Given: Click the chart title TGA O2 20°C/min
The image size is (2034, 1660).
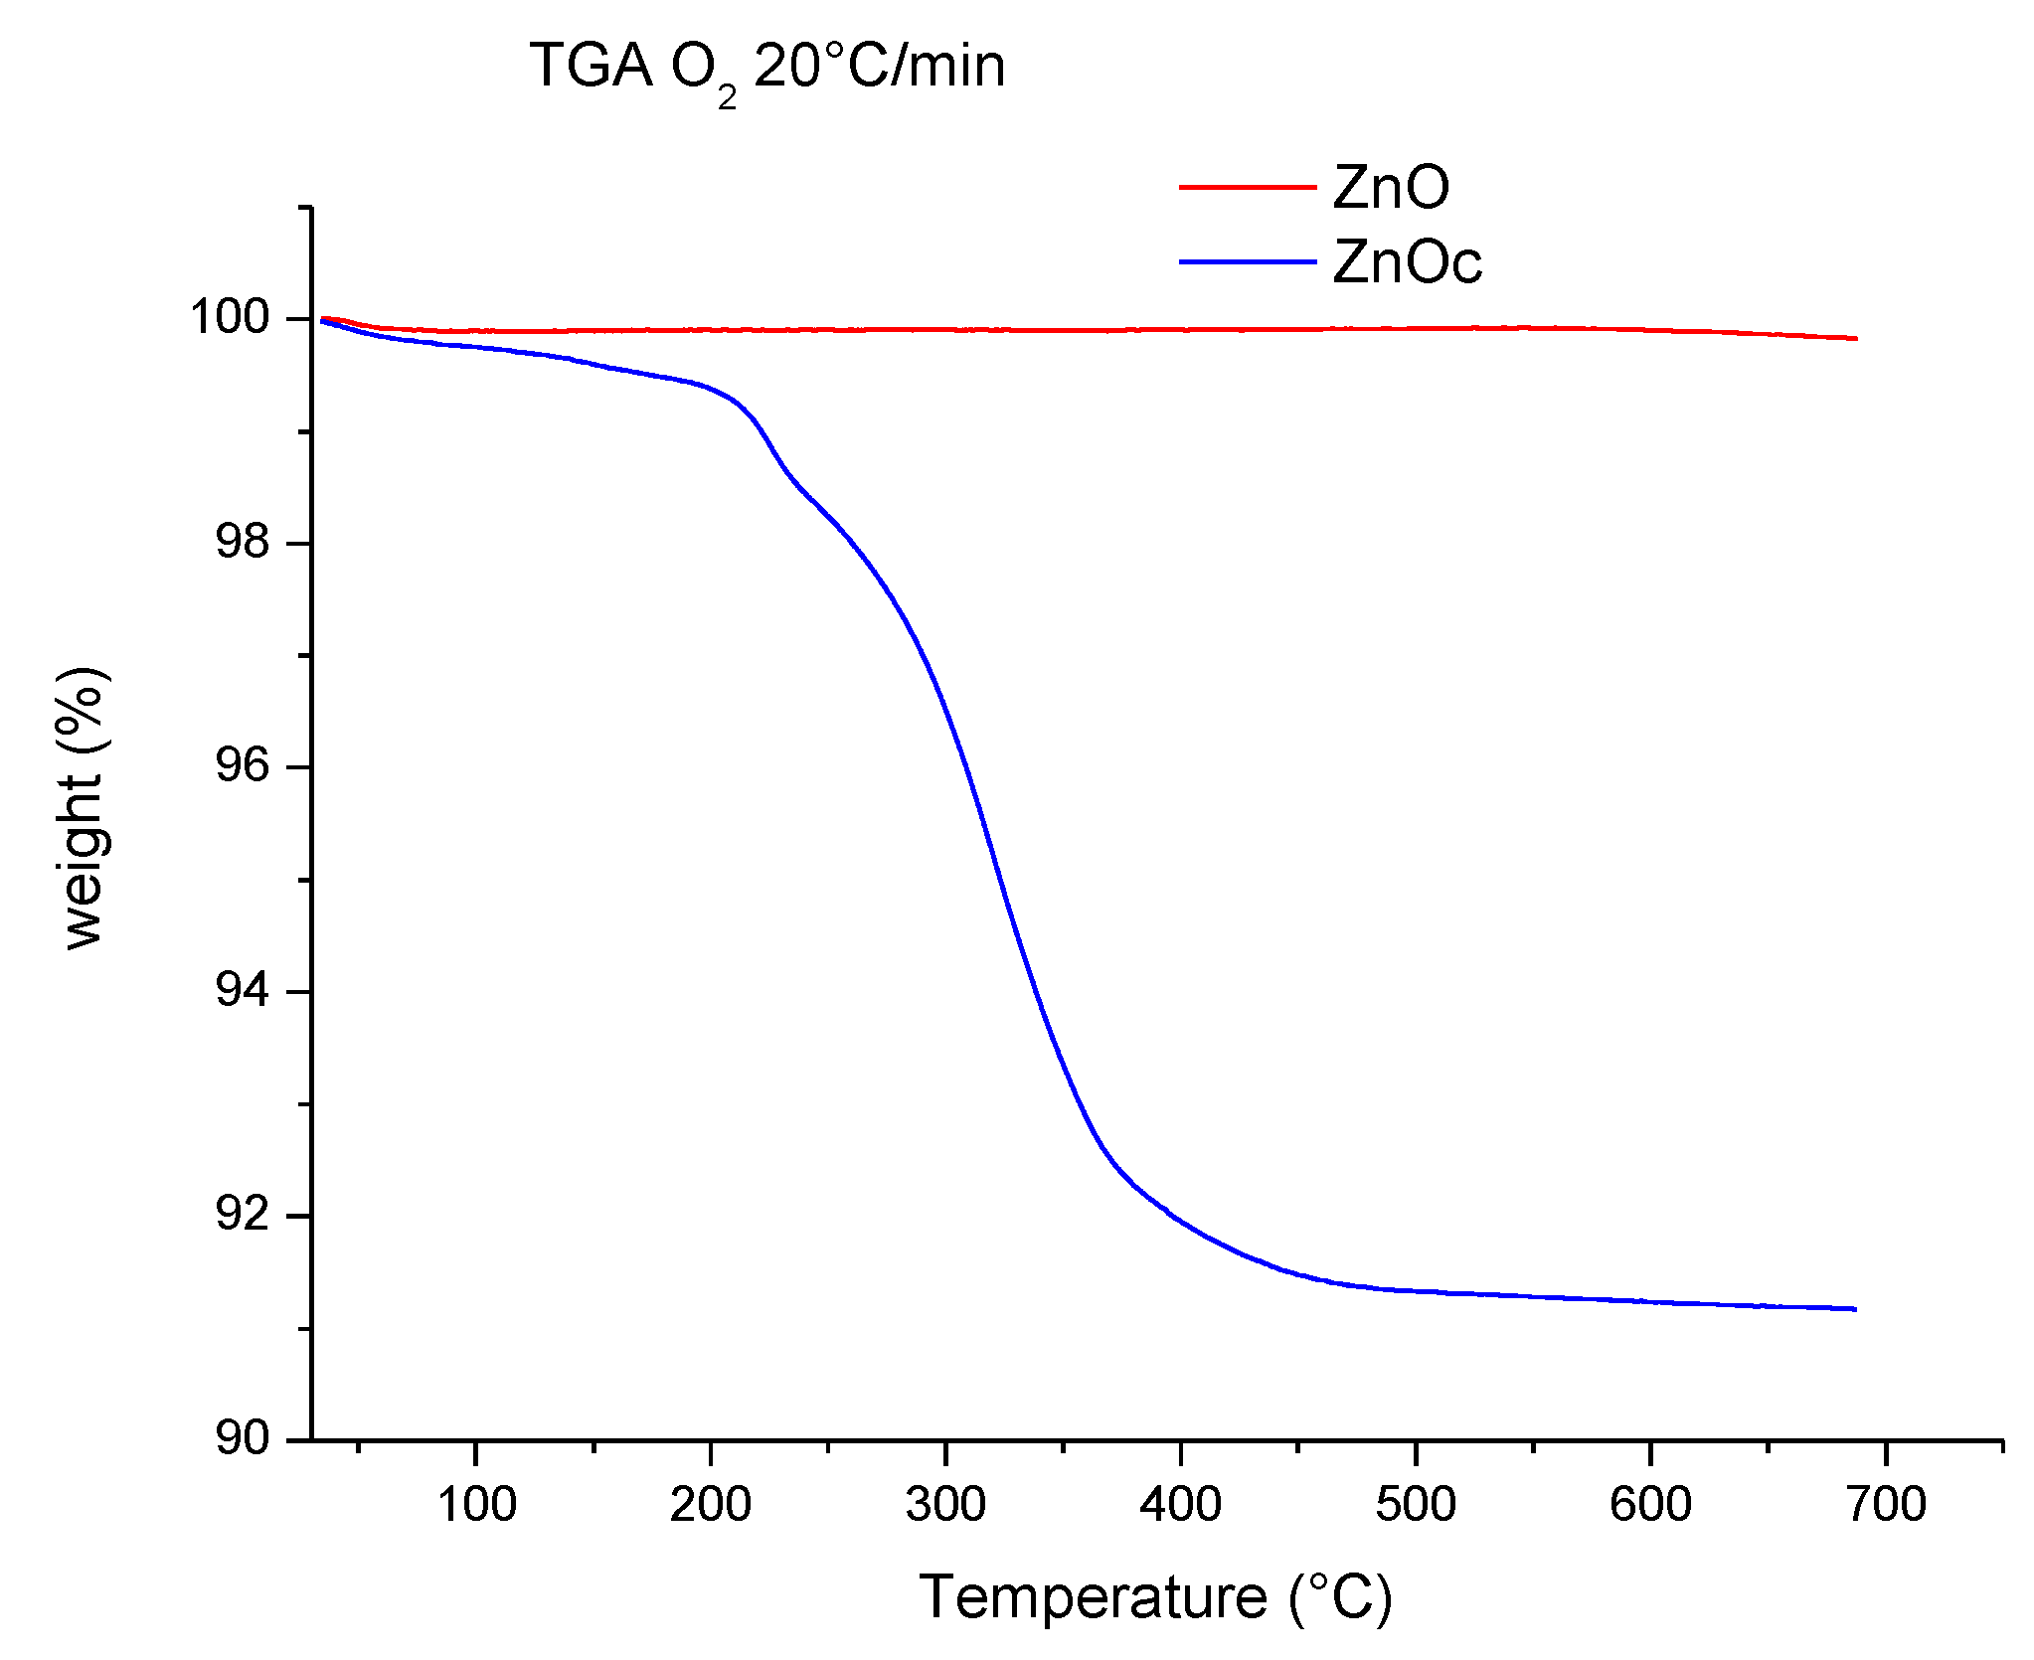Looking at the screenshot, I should [766, 68].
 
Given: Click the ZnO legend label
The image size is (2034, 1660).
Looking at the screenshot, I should [1390, 187].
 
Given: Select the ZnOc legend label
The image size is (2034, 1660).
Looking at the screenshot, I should [1407, 262].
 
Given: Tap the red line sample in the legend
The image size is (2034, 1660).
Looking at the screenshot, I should [1247, 187].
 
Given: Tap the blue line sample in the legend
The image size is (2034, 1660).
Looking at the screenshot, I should [1247, 262].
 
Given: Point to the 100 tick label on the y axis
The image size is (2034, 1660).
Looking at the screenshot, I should [230, 318].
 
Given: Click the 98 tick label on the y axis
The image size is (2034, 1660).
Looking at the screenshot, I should [243, 543].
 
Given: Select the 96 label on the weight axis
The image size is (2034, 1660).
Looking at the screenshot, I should [243, 766].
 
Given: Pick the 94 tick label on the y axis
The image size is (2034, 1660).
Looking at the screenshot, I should [243, 991].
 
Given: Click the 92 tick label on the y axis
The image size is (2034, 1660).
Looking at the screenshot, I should [243, 1216].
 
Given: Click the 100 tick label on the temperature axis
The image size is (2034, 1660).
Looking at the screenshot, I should [476, 1504].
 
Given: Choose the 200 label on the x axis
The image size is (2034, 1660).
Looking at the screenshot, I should [710, 1504].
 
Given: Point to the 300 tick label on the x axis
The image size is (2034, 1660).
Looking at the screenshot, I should [945, 1504].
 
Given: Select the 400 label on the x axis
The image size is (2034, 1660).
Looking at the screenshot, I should [1180, 1504].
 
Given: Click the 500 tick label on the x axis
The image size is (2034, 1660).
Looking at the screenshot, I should [1415, 1504].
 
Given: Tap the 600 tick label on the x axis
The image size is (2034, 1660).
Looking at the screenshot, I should [1650, 1504].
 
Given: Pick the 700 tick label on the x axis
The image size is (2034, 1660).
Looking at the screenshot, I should [1885, 1504].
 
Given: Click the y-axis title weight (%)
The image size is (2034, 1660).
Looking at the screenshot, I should [84, 809].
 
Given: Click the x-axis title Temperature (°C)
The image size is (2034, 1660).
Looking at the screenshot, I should [1155, 1598].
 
